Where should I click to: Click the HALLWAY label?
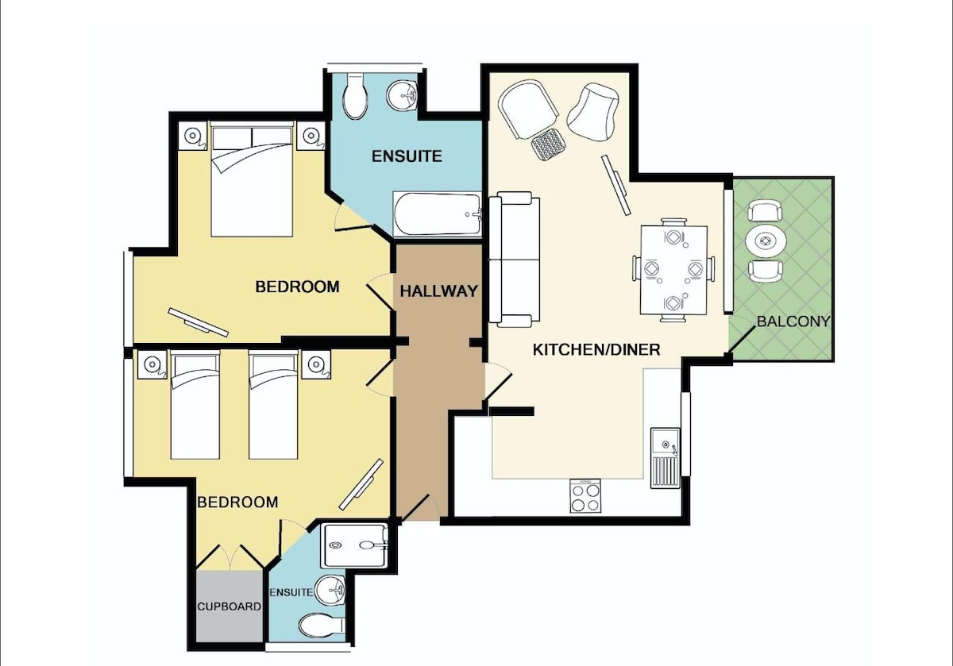tap(439, 291)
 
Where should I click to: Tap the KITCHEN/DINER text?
tap(596, 349)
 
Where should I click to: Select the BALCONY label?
tap(794, 321)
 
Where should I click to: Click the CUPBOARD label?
tap(230, 606)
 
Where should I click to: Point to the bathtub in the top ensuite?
tap(438, 214)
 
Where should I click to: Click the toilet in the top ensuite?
tap(356, 96)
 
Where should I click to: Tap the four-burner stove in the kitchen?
tap(585, 495)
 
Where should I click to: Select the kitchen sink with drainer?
tap(665, 457)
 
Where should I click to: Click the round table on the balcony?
tap(766, 241)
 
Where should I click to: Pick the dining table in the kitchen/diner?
tap(674, 270)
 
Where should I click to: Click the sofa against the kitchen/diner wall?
tap(515, 260)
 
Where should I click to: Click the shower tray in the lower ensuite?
tap(355, 545)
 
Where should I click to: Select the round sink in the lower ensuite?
tap(332, 590)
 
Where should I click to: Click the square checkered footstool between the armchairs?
tap(548, 144)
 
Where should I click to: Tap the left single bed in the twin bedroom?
tap(195, 405)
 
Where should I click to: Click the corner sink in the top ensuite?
tap(402, 96)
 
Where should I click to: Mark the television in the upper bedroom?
tap(199, 322)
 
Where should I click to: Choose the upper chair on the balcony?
tap(766, 211)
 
